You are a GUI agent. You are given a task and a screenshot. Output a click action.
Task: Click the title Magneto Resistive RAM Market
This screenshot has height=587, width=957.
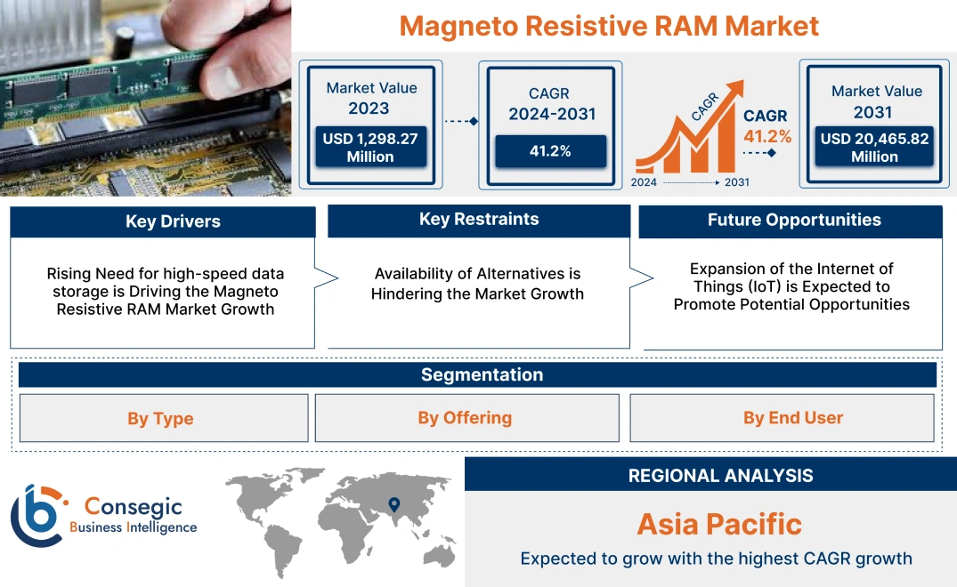609,25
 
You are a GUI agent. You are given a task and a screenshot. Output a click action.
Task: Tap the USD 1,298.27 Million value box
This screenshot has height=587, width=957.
369,148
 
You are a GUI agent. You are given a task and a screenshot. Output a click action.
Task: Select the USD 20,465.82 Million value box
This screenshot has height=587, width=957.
874,148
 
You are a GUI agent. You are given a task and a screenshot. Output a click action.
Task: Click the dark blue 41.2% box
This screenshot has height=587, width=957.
550,151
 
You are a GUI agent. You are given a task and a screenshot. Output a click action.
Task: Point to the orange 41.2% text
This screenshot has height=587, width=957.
767,136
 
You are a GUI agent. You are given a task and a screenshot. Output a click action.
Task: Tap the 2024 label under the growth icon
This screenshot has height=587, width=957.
645,182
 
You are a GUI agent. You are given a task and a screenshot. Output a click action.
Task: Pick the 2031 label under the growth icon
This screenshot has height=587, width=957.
736,182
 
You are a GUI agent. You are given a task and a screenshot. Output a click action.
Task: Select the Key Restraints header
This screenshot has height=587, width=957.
479,220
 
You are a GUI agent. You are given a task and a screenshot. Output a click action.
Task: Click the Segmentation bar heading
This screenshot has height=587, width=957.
482,374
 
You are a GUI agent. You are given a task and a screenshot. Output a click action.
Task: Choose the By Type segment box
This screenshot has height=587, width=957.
160,418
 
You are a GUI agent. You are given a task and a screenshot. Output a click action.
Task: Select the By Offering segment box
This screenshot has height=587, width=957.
465,418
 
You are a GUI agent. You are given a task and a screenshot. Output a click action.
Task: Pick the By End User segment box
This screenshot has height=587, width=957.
792,418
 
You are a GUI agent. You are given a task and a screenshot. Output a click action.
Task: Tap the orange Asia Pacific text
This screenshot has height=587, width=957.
719,524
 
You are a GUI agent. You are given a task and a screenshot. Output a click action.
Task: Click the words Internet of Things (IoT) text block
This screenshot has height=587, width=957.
791,286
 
